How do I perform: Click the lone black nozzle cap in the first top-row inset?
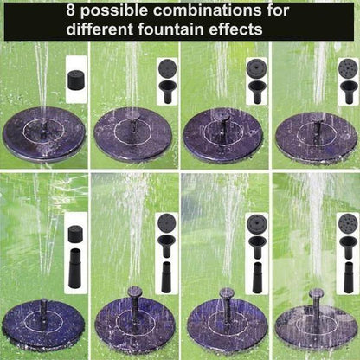pyautogui.click(x=76, y=80)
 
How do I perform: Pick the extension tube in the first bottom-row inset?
pyautogui.click(x=75, y=257)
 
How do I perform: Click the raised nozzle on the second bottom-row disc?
pyautogui.click(x=134, y=297)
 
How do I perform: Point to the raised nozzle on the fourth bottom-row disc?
pyautogui.click(x=316, y=299)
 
